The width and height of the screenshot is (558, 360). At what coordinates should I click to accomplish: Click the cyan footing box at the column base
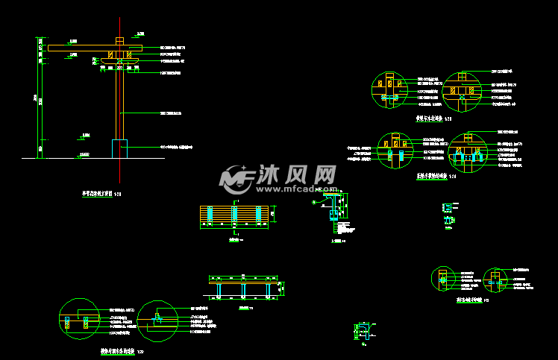coord(119,148)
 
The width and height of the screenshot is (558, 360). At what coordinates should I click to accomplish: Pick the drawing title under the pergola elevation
coord(101,193)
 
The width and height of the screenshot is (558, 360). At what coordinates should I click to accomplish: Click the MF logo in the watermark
coord(236,177)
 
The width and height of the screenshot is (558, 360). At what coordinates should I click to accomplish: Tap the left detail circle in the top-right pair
coord(389,91)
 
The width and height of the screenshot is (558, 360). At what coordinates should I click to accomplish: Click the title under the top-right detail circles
coord(433,119)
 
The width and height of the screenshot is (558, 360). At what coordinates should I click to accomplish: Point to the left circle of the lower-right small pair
coord(445,279)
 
